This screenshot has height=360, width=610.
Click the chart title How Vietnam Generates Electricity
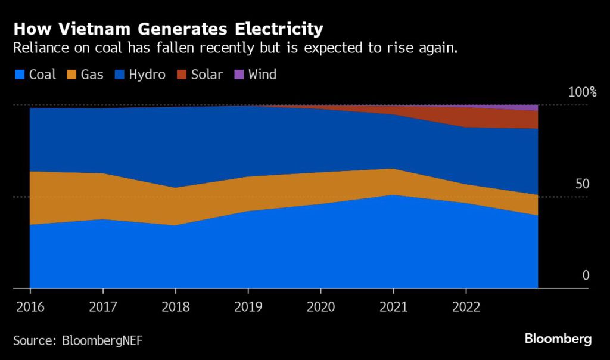(168, 29)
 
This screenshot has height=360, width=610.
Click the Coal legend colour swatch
(19, 75)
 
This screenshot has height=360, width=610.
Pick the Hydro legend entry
(139, 75)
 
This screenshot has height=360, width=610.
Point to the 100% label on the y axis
(582, 92)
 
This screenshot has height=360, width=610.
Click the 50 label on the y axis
(582, 184)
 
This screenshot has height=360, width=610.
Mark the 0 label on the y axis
(586, 275)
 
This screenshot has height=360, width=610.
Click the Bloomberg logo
(558, 339)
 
